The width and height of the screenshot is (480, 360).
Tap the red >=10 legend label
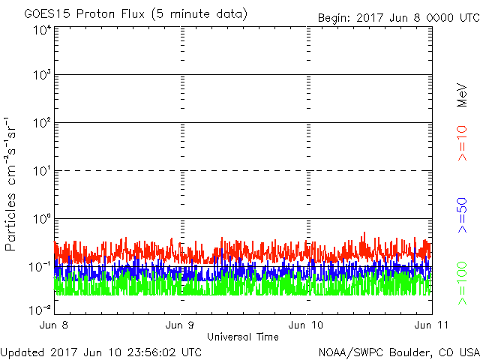(x=463, y=143)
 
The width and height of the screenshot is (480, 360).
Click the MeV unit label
(x=463, y=94)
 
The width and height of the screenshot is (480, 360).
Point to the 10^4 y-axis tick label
(x=41, y=30)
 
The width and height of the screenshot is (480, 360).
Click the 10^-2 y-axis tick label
(x=40, y=309)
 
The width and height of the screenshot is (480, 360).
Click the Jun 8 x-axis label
(x=55, y=325)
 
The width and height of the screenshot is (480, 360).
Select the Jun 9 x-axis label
(x=181, y=325)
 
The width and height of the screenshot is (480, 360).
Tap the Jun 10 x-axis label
(x=307, y=325)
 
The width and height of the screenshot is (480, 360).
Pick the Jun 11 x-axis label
(x=427, y=325)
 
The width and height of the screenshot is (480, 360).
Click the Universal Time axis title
(x=242, y=337)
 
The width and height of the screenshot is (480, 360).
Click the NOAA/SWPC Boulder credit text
(x=397, y=352)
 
